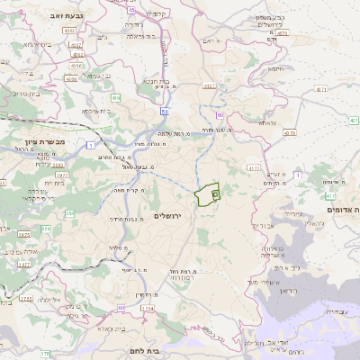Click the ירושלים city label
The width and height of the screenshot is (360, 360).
point(167,217)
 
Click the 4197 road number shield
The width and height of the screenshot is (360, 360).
point(210,86)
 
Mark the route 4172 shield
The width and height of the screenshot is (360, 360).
point(254,167)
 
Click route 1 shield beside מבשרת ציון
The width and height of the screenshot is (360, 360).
point(91,144)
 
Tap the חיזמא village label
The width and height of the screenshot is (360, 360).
point(275,67)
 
